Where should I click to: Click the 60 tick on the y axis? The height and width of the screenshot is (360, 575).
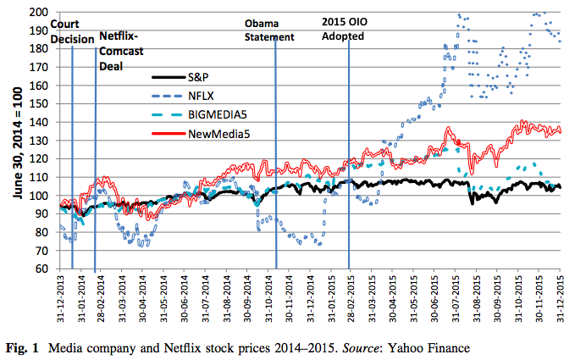(41, 269)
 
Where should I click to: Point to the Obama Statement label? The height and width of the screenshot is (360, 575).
(269, 30)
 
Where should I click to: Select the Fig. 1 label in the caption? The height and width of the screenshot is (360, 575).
(21, 347)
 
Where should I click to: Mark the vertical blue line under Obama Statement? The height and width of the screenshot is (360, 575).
(276, 169)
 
